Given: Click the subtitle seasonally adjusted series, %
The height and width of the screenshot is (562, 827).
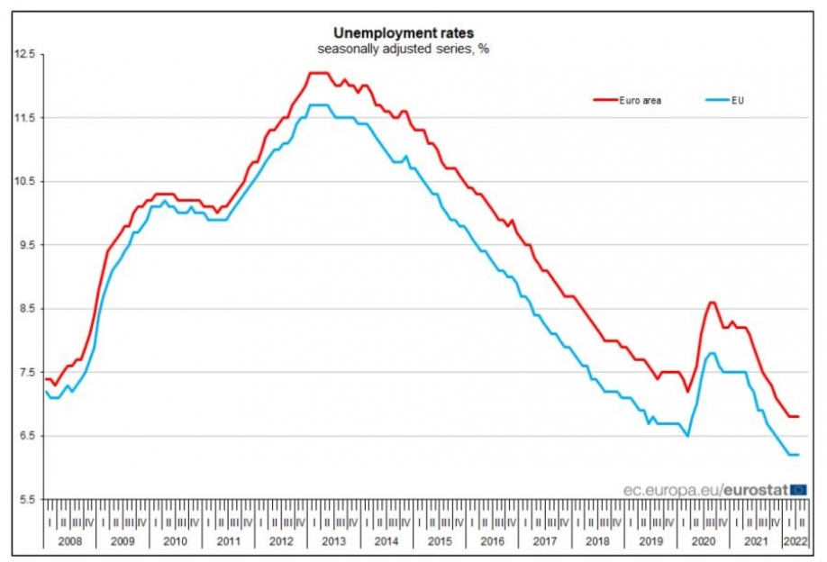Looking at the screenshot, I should pyautogui.click(x=403, y=49).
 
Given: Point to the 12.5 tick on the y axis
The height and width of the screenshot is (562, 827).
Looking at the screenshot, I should pyautogui.click(x=24, y=55).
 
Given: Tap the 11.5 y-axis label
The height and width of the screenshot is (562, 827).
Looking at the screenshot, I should pyautogui.click(x=24, y=118).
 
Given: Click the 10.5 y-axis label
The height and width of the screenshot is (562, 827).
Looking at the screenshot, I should pyautogui.click(x=24, y=182).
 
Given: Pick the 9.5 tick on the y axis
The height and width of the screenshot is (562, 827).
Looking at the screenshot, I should pyautogui.click(x=26, y=245).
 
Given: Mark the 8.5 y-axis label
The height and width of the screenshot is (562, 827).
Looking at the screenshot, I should pyautogui.click(x=26, y=309).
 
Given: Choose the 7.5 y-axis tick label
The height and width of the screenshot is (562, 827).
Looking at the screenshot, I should pyautogui.click(x=26, y=373).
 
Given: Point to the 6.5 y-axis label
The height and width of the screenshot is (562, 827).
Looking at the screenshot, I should pyautogui.click(x=26, y=436).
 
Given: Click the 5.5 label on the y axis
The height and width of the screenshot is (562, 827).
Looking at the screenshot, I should pyautogui.click(x=26, y=500).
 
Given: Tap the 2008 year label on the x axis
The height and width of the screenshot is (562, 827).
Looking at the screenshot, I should pyautogui.click(x=69, y=541).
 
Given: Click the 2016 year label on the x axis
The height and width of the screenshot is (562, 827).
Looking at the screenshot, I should pyautogui.click(x=493, y=541).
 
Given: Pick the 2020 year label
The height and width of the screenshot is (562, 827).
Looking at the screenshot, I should pyautogui.click(x=703, y=541).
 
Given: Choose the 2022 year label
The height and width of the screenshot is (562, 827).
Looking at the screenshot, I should pyautogui.click(x=794, y=541).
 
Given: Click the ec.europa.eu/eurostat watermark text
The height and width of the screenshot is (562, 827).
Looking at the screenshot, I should pyautogui.click(x=705, y=489).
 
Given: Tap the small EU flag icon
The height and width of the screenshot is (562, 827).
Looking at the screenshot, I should pyautogui.click(x=798, y=489).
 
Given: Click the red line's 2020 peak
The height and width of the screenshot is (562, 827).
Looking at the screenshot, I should pyautogui.click(x=712, y=303).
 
